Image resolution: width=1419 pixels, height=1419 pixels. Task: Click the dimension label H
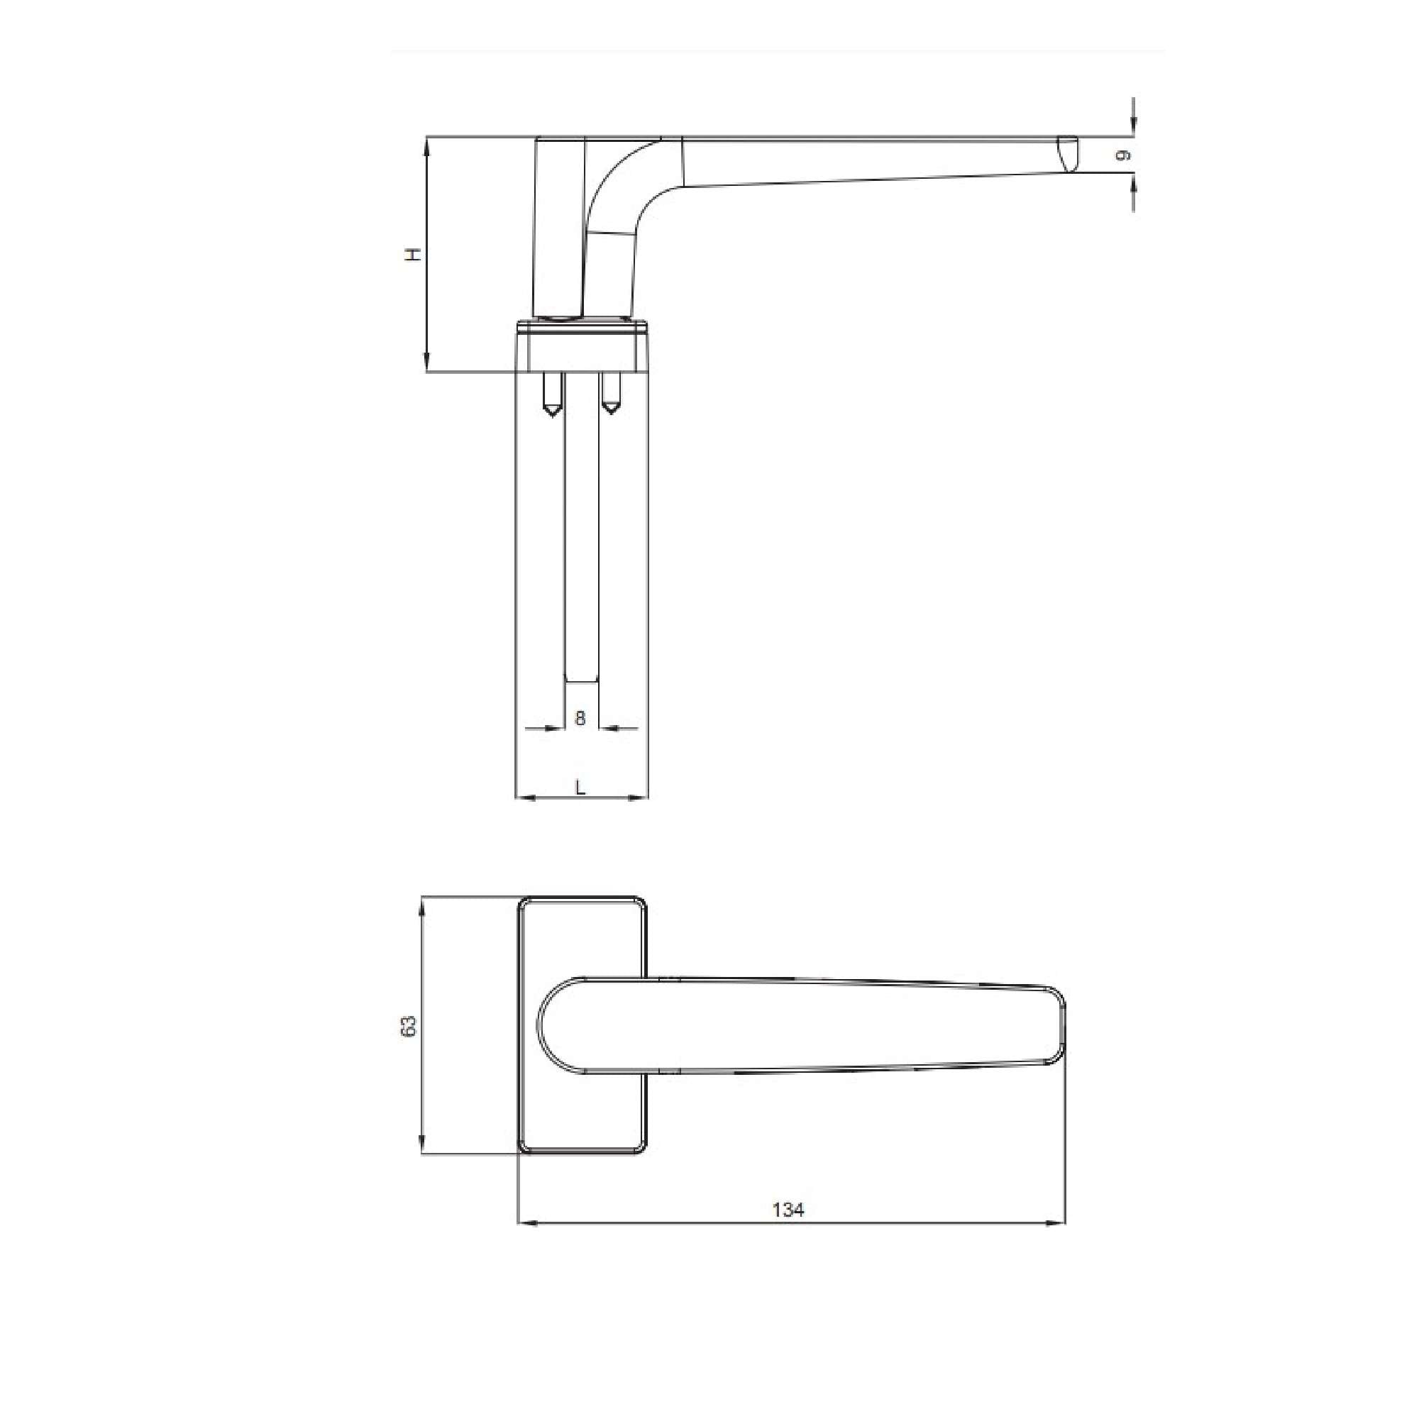(x=415, y=254)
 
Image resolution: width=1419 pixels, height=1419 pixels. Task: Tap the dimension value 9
(x=1122, y=155)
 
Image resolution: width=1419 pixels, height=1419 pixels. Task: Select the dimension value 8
(x=580, y=718)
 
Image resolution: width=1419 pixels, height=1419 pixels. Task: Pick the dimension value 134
(x=788, y=1210)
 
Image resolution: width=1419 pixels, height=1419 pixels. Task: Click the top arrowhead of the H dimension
(x=426, y=145)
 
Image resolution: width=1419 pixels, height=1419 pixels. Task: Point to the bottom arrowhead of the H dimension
(x=426, y=363)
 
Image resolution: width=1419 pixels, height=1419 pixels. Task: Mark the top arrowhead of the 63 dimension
(x=421, y=905)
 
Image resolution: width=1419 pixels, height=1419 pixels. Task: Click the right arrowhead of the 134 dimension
(x=1057, y=1224)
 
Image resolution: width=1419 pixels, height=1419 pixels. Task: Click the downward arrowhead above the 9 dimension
(x=1134, y=127)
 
